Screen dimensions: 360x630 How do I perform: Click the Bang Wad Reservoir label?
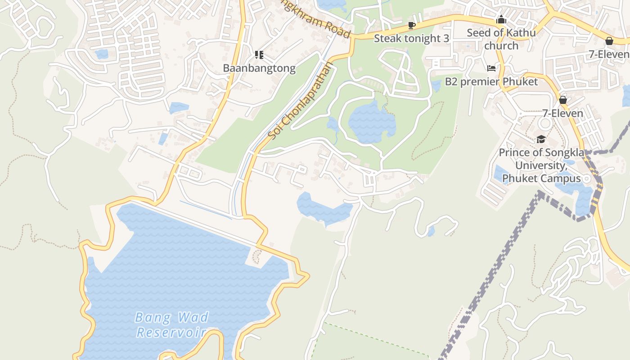[171, 324]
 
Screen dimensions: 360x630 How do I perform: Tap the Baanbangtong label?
[259, 68]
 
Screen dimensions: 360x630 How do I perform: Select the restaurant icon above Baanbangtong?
[259, 55]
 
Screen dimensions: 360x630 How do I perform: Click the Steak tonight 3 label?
[411, 39]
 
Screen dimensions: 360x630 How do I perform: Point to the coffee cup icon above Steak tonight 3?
[411, 25]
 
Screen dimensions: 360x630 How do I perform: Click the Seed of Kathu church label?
[501, 39]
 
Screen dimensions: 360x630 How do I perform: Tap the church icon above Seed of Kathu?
[501, 20]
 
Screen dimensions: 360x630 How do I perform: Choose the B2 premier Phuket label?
[491, 82]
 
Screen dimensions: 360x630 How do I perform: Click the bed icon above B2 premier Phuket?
[491, 68]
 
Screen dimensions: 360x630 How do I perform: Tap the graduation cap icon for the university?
[541, 139]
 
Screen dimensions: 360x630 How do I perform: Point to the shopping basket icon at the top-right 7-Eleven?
[609, 41]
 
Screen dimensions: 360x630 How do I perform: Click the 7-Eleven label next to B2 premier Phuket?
[562, 113]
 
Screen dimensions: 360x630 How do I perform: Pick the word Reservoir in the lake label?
[171, 333]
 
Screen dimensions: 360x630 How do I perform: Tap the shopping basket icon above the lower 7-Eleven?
[562, 100]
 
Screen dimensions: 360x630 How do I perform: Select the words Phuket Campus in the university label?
[541, 179]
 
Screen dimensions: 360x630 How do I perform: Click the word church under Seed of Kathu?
[501, 46]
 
